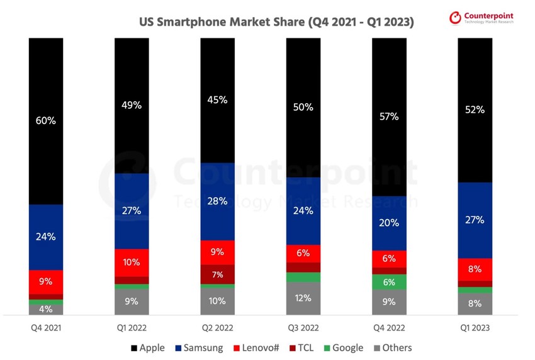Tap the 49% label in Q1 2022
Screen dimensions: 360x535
[x=132, y=106]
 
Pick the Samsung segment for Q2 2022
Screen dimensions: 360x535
[x=218, y=201]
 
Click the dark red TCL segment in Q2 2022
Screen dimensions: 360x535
[x=218, y=274]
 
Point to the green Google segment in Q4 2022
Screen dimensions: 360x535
[x=390, y=282]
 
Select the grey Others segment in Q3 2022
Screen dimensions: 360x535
[x=303, y=298]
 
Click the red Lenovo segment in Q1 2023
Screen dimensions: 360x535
[x=475, y=269]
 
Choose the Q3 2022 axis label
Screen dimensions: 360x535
[x=303, y=328]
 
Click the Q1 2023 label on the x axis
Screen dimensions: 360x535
[x=475, y=328]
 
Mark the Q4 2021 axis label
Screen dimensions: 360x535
[x=46, y=328]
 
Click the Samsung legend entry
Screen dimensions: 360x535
[x=198, y=347]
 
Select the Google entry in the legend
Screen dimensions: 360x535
[x=344, y=347]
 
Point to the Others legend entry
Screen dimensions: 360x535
[x=391, y=347]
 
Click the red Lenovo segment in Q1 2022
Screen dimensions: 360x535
[x=132, y=262]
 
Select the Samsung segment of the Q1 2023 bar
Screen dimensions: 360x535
[x=475, y=220]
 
